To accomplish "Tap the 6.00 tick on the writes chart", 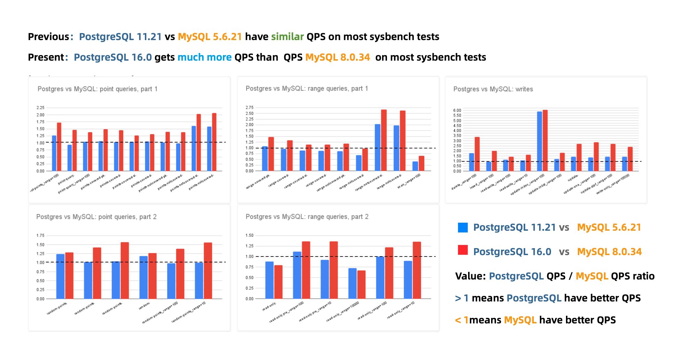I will [457, 110].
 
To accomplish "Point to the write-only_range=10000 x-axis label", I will [613, 185].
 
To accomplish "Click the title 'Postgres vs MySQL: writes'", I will [493, 89].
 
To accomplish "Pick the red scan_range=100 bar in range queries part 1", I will [421, 163].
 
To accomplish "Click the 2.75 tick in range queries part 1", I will [249, 108].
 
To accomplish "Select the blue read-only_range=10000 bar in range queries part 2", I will [352, 283].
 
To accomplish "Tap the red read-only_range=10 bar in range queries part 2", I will [417, 270].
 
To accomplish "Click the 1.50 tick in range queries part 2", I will [249, 236].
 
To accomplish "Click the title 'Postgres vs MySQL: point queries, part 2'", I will [96, 217].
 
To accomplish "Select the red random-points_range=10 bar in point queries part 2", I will [208, 270].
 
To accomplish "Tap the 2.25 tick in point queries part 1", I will [40, 108].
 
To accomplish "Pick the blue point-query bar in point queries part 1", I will [70, 158].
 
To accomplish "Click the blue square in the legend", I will [463, 228].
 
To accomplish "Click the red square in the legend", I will [463, 250].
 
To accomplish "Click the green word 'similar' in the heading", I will [287, 37].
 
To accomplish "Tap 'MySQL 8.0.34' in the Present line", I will [337, 57].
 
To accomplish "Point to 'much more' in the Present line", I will [204, 57].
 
